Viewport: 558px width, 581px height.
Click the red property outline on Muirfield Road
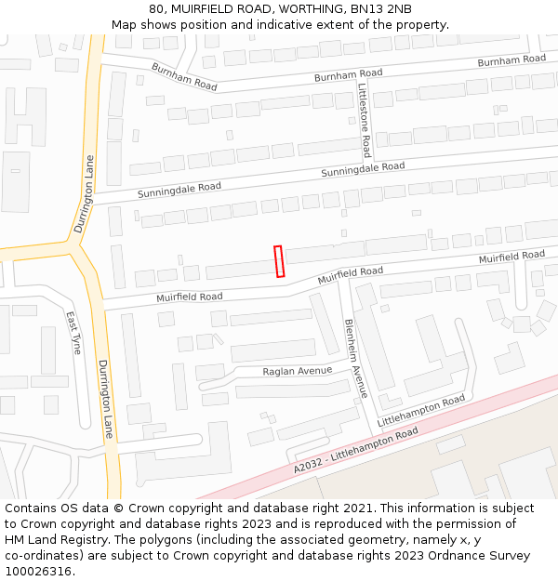pos(279,261)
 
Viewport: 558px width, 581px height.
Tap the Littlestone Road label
pos(365,120)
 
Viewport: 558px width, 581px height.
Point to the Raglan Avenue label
pos(299,371)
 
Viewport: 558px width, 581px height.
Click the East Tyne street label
pos(73,333)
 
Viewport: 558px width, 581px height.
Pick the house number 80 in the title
pos(157,9)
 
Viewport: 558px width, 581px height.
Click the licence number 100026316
pos(38,572)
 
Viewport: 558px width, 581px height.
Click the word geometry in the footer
pos(385,540)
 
